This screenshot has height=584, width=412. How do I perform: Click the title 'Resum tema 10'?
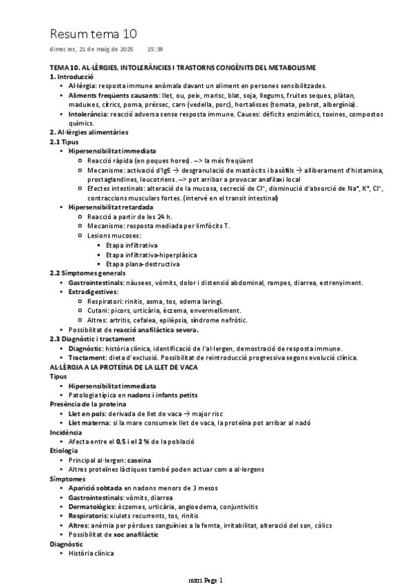coord(94,33)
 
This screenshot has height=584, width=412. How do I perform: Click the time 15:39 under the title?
coord(155,50)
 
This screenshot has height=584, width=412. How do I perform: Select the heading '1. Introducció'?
coord(73,77)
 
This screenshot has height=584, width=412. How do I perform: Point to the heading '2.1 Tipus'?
coord(65,141)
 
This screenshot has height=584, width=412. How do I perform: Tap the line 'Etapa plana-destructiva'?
coord(143,264)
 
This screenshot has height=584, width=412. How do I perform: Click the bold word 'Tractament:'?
coord(87,357)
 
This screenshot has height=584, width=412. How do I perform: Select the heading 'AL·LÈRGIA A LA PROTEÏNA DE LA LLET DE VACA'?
coord(124,367)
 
